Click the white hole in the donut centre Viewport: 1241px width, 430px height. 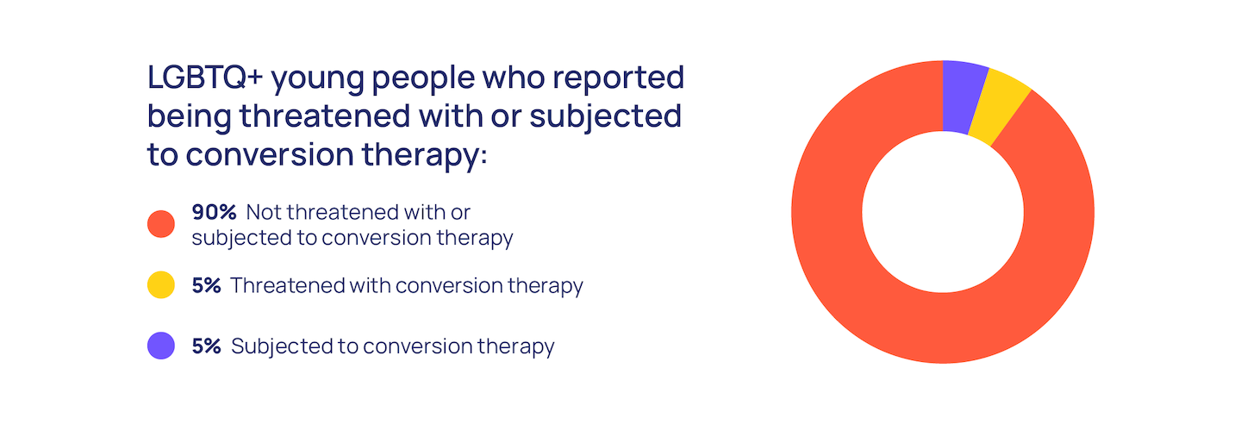pyautogui.click(x=943, y=212)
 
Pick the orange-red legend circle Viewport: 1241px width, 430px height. pyautogui.click(x=161, y=224)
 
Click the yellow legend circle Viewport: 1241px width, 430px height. pyautogui.click(x=161, y=285)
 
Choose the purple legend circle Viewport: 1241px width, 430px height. pyautogui.click(x=161, y=346)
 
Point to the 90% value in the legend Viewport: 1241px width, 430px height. pyautogui.click(x=214, y=212)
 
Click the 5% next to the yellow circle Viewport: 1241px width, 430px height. pyautogui.click(x=206, y=285)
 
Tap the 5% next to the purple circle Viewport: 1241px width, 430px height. pyautogui.click(x=206, y=346)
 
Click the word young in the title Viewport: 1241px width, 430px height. pyautogui.click(x=317, y=81)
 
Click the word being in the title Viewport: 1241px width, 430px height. pyautogui.click(x=189, y=118)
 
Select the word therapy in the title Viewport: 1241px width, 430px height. pyautogui.click(x=421, y=156)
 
